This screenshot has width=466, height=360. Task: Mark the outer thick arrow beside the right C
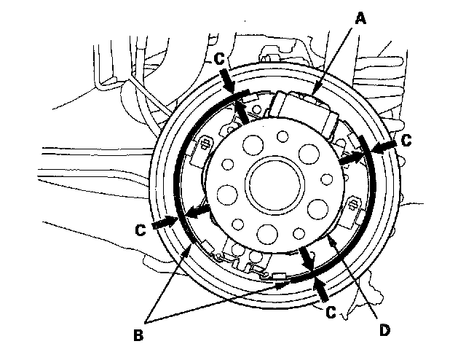coord(386,146)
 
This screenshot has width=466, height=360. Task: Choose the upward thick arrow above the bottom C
coord(320,288)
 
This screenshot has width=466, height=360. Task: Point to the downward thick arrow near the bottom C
coord(306,259)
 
